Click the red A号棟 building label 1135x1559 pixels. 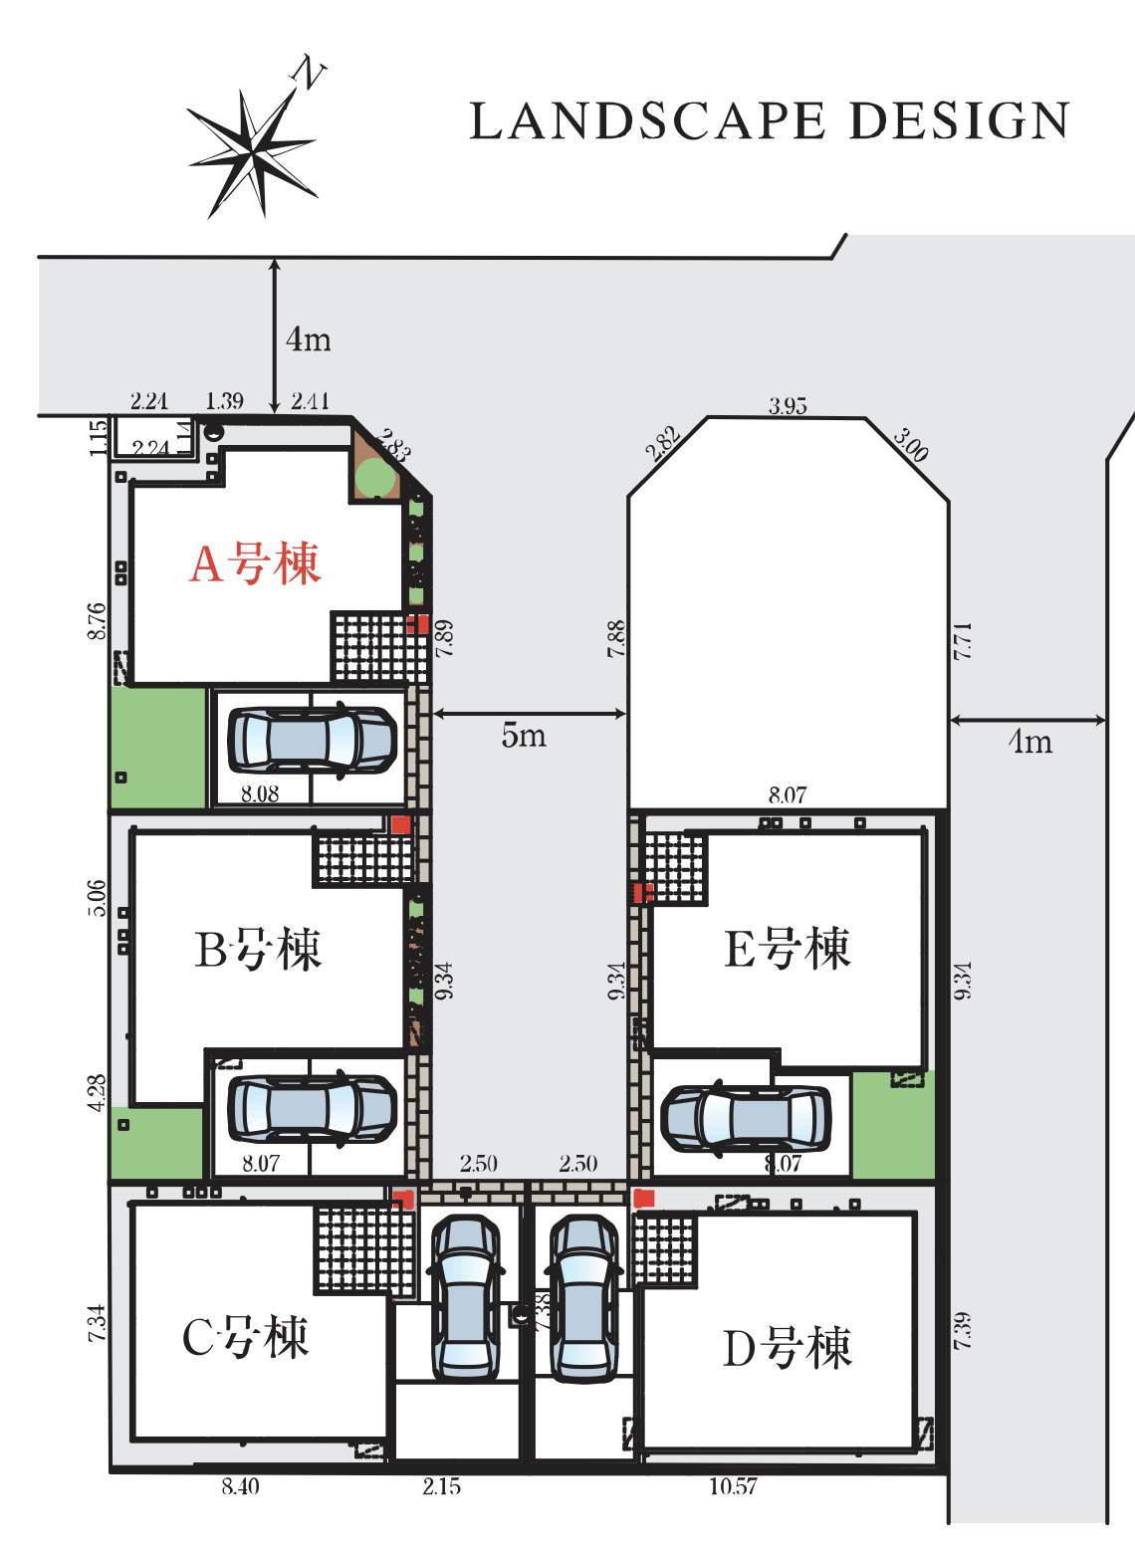[255, 564]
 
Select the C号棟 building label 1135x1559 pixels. [246, 1336]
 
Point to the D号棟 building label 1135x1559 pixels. [787, 1348]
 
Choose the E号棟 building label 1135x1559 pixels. [787, 948]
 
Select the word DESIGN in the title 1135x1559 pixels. [959, 121]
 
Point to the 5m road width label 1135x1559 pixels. [524, 736]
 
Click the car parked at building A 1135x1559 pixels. [312, 741]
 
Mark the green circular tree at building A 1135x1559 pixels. [375, 477]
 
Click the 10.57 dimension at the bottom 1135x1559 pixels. [733, 1486]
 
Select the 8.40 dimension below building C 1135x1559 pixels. [240, 1486]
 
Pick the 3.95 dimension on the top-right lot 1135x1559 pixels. [788, 405]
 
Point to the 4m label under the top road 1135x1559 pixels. [308, 339]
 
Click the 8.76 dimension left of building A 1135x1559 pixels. [97, 621]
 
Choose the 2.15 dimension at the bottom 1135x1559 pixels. [441, 1486]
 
